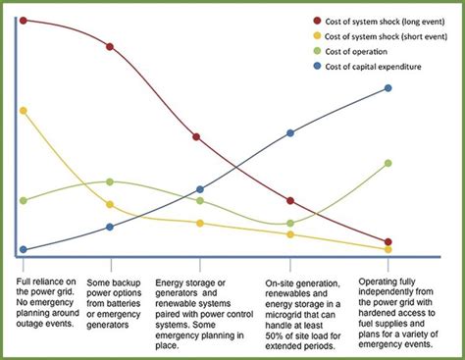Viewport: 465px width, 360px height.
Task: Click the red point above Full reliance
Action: [23, 20]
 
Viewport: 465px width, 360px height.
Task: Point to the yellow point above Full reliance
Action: [23, 111]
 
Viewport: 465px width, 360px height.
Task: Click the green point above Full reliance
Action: [23, 200]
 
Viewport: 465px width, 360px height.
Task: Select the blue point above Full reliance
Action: [23, 250]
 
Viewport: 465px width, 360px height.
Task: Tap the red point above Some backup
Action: [110, 46]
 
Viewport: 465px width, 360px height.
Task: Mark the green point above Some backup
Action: [110, 181]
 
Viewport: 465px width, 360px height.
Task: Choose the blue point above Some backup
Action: [110, 227]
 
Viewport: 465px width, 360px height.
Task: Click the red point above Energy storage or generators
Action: [200, 137]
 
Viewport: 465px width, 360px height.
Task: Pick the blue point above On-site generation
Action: [290, 132]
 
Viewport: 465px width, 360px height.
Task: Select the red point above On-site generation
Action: [290, 201]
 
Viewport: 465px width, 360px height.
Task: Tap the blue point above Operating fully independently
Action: [388, 88]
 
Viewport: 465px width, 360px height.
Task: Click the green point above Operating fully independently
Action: [388, 163]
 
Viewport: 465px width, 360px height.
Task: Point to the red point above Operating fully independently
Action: [388, 241]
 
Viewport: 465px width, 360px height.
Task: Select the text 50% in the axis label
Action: [277, 335]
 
